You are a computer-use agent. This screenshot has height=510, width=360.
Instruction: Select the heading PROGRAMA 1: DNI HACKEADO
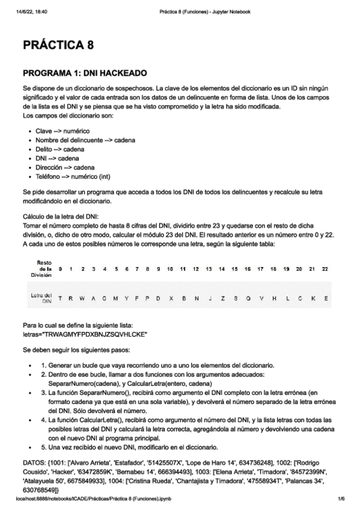click(x=84, y=73)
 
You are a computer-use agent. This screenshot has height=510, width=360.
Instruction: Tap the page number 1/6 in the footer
click(x=341, y=499)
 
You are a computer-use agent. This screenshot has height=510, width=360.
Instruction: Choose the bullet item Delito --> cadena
click(x=59, y=149)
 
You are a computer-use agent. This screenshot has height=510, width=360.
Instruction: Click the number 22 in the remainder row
click(x=325, y=268)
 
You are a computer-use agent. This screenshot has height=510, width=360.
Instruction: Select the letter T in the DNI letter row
click(x=60, y=298)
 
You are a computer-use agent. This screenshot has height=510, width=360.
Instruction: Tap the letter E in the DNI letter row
click(x=325, y=298)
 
